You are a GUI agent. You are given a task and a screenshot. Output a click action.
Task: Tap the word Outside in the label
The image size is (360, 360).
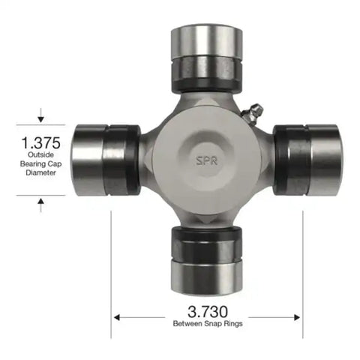(41, 155)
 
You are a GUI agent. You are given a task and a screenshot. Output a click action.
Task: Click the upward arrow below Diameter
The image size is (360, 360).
(40, 203)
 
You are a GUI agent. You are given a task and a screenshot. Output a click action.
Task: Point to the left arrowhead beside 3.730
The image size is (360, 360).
(117, 316)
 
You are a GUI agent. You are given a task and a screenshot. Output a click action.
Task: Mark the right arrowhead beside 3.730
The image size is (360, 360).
(298, 316)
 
